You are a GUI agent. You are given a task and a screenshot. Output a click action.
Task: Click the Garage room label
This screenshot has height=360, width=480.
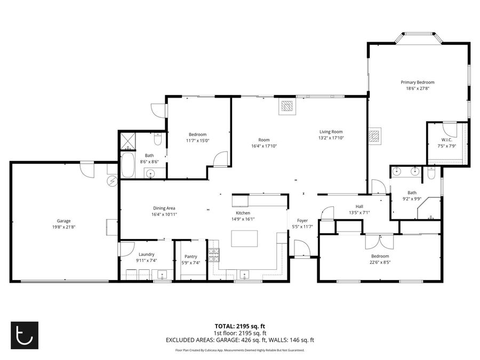(x=63, y=221)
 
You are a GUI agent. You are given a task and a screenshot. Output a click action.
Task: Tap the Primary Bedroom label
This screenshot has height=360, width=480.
(x=418, y=82)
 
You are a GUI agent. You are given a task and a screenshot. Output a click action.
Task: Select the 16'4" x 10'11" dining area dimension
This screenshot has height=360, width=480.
(x=164, y=214)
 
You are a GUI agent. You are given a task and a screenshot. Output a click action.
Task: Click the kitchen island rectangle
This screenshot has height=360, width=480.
(x=244, y=238)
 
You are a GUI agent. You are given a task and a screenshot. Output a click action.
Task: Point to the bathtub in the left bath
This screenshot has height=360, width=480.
(x=127, y=165)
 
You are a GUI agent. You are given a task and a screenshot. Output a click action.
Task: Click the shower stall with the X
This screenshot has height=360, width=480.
(x=127, y=141)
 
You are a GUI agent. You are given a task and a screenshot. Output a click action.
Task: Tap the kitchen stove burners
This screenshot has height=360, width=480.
(x=214, y=255)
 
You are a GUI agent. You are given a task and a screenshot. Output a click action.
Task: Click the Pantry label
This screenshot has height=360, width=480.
(x=191, y=257)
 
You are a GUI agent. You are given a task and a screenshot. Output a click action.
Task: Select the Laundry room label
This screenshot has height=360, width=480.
(x=146, y=254)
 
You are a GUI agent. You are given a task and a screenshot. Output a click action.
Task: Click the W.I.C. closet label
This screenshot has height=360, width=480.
(x=446, y=140)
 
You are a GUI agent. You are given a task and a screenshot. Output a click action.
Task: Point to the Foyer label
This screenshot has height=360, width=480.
(x=302, y=220)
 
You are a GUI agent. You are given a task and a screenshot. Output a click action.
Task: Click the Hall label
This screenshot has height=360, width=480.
(x=359, y=206)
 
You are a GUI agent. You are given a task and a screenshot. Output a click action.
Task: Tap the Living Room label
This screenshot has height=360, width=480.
(x=331, y=132)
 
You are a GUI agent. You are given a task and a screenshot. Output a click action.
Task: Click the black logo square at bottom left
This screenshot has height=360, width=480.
(x=25, y=335)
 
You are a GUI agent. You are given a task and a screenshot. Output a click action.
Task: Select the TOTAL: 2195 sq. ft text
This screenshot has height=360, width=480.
(x=239, y=326)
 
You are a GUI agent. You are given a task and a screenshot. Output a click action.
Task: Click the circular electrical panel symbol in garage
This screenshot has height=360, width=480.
(x=112, y=181)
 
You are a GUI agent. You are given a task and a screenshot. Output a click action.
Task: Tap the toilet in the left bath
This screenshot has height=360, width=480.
(x=158, y=140)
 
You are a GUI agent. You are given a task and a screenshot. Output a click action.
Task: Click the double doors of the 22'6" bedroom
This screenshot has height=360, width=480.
(x=379, y=242)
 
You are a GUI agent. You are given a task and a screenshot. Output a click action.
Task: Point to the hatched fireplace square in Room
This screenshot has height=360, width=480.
(x=287, y=106)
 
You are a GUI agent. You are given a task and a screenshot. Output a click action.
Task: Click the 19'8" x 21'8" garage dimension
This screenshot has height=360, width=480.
(x=63, y=227)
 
